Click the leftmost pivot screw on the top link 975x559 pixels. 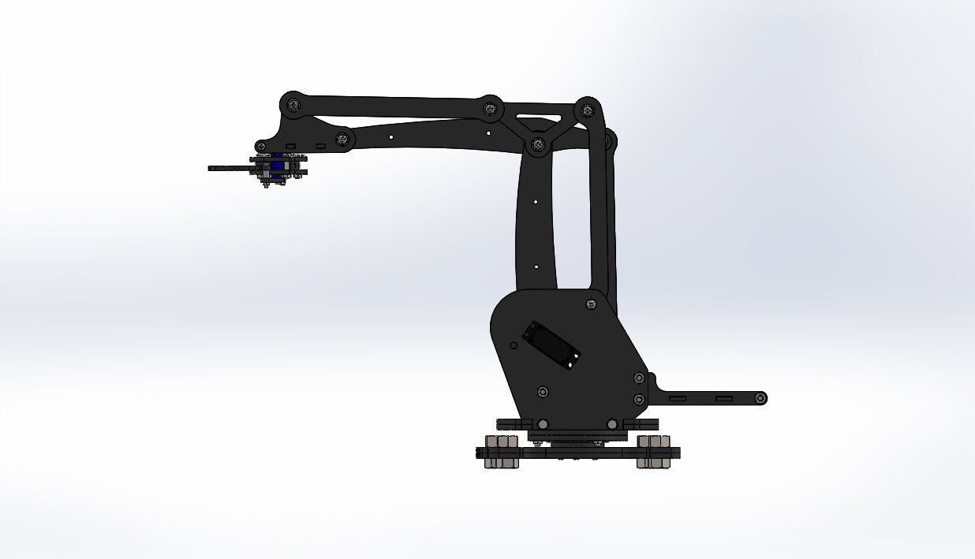click(293, 104)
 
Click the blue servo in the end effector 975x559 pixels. click(277, 169)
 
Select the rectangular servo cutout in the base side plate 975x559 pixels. click(553, 345)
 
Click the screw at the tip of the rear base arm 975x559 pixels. click(760, 398)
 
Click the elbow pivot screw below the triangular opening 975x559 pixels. click(538, 144)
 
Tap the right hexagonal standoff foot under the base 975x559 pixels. click(653, 452)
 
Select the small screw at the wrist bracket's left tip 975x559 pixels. click(261, 147)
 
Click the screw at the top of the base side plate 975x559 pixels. click(591, 304)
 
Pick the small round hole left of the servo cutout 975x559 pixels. click(514, 345)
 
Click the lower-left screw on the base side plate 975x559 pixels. click(543, 392)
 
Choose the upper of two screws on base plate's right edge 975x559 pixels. click(638, 378)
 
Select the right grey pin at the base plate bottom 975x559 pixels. click(612, 424)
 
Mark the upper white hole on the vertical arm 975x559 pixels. click(536, 202)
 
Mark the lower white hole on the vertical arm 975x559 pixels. click(536, 266)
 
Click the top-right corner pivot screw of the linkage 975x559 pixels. click(585, 110)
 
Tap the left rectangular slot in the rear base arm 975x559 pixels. click(678, 399)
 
